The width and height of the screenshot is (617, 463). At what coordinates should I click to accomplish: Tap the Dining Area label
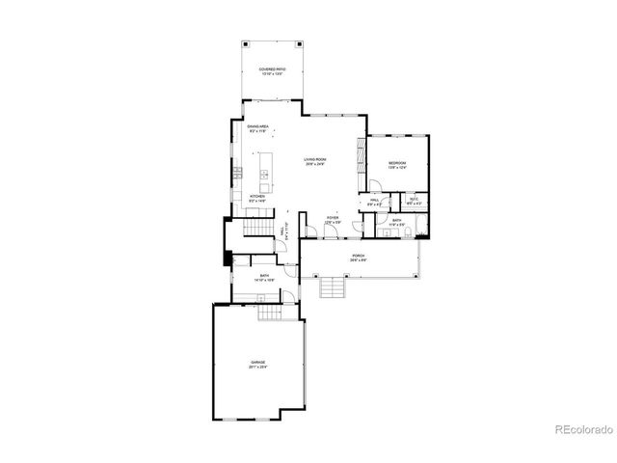point(256,128)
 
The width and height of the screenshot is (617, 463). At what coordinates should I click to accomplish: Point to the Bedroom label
point(398,165)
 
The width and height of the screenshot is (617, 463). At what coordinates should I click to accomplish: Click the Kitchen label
point(257,198)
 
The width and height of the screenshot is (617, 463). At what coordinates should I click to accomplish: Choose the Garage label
point(257,365)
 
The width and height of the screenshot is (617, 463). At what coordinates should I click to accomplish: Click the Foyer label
point(332,220)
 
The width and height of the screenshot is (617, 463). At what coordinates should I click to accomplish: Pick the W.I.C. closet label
point(414,203)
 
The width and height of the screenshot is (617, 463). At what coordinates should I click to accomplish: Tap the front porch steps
point(333,286)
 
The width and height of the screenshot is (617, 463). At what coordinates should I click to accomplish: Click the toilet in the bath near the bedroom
point(408,231)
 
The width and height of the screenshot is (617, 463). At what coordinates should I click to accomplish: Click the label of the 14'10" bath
point(264,277)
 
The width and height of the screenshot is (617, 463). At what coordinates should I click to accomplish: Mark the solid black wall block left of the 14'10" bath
point(227,258)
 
